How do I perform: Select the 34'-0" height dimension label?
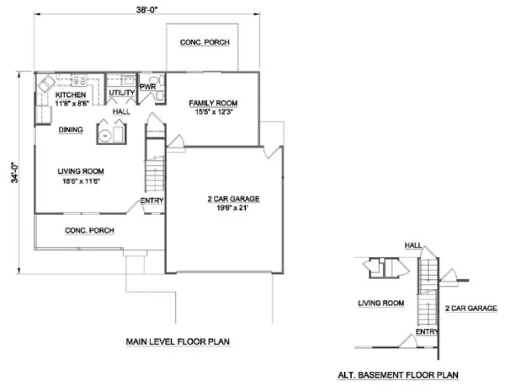point(13,170)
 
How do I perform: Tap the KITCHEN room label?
point(70,95)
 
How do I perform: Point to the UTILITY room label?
point(122,93)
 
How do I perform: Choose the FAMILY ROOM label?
point(213,103)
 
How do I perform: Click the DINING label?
point(70,130)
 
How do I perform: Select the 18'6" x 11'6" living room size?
point(80,180)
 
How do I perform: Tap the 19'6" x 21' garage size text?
point(233,207)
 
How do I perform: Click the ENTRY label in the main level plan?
point(151,202)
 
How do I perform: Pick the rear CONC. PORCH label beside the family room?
point(204,43)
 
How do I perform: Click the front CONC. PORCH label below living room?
point(89,231)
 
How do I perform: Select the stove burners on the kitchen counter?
point(80,80)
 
